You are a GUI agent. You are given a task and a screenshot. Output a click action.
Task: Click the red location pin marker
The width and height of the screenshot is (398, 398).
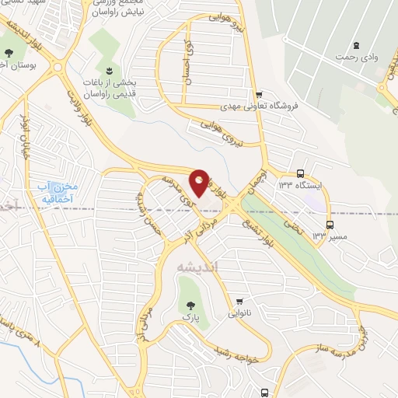click(x=200, y=181)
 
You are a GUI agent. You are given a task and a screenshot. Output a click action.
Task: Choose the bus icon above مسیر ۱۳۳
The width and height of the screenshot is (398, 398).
click(x=330, y=224)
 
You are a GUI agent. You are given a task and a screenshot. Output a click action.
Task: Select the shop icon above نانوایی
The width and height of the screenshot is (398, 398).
click(x=240, y=302)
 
